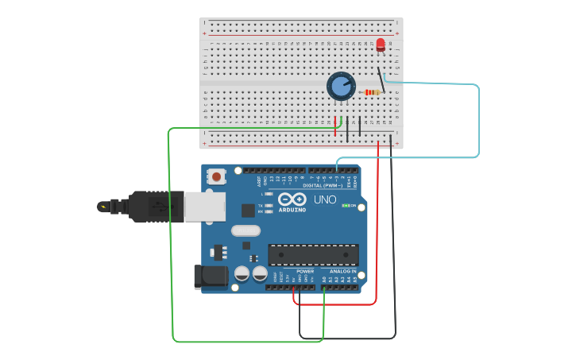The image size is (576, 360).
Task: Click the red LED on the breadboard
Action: tap(381, 45)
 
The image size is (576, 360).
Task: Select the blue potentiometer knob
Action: tap(341, 86)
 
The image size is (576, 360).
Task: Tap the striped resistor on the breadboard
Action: tap(372, 93)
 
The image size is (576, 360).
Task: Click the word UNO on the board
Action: tap(325, 199)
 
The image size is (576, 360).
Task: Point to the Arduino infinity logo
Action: tap(292, 199)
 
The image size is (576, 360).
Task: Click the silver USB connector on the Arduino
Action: tap(204, 207)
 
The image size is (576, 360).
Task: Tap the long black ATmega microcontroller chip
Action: tap(313, 254)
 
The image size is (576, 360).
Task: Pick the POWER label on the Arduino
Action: tap(305, 271)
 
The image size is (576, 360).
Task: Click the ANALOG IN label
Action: tap(343, 271)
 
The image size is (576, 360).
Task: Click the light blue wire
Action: tap(478, 119)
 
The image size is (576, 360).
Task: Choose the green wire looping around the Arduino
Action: tap(171, 238)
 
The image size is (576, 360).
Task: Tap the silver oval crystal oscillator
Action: tap(245, 230)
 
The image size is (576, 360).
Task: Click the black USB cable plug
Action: tap(151, 206)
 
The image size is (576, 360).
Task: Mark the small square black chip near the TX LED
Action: tap(249, 210)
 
